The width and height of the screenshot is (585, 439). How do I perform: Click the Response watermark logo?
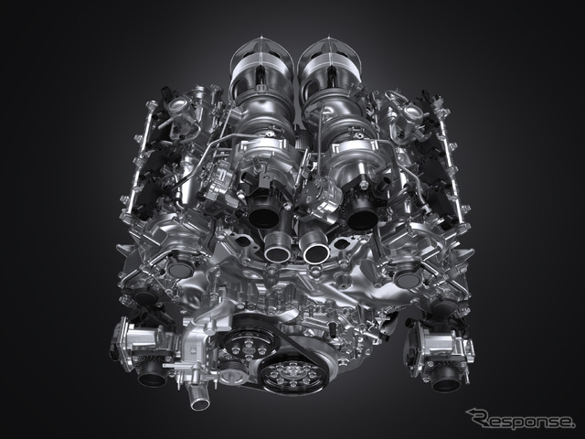[x=521, y=419]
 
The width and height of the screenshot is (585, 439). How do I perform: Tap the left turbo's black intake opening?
[x=264, y=216]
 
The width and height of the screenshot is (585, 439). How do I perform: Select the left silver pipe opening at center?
[x=278, y=252]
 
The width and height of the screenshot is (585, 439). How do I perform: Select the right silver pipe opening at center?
[x=316, y=252]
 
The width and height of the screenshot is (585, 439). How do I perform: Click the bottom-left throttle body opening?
[x=153, y=376]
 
